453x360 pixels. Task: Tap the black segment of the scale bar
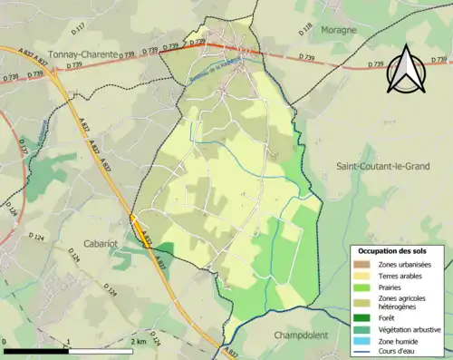pyautogui.click(x=35, y=350)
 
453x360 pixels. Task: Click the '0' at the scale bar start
pyautogui.click(x=5, y=342)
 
